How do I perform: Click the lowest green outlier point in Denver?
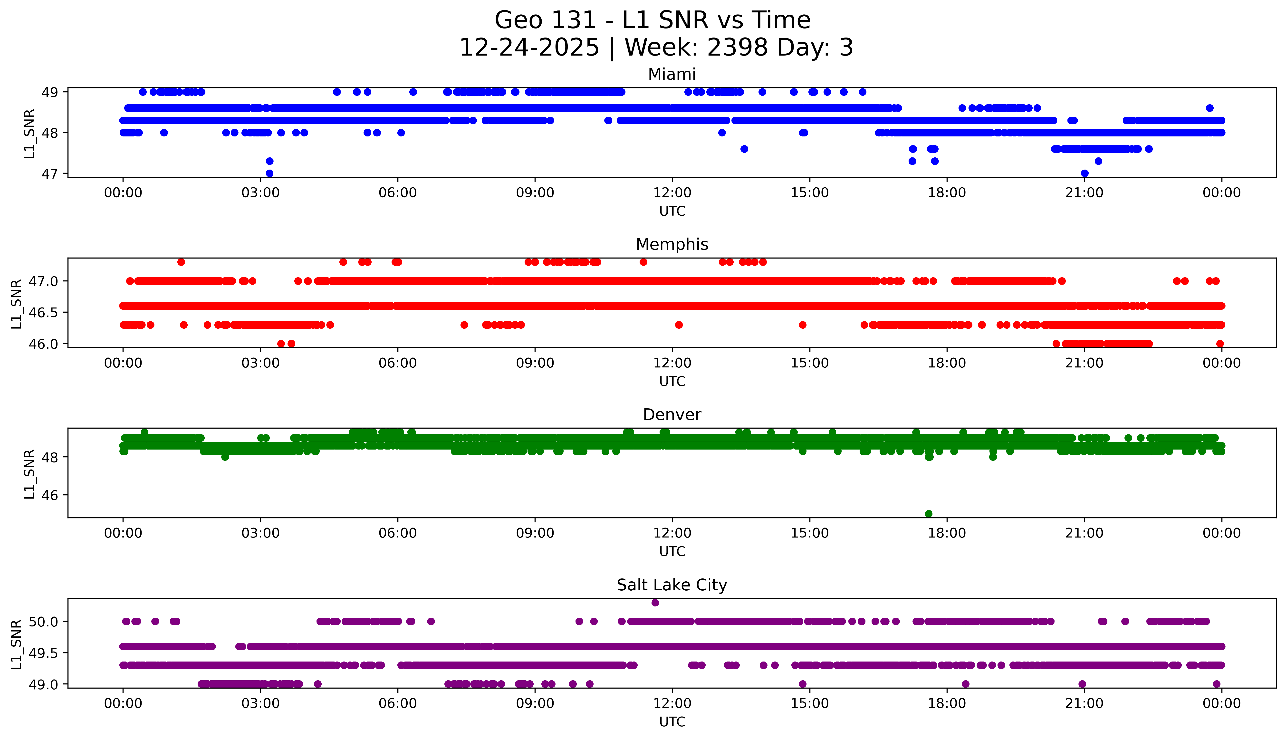click(929, 514)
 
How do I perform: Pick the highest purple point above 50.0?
click(655, 603)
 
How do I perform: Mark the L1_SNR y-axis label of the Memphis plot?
click(16, 304)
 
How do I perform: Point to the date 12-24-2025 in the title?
click(529, 48)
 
